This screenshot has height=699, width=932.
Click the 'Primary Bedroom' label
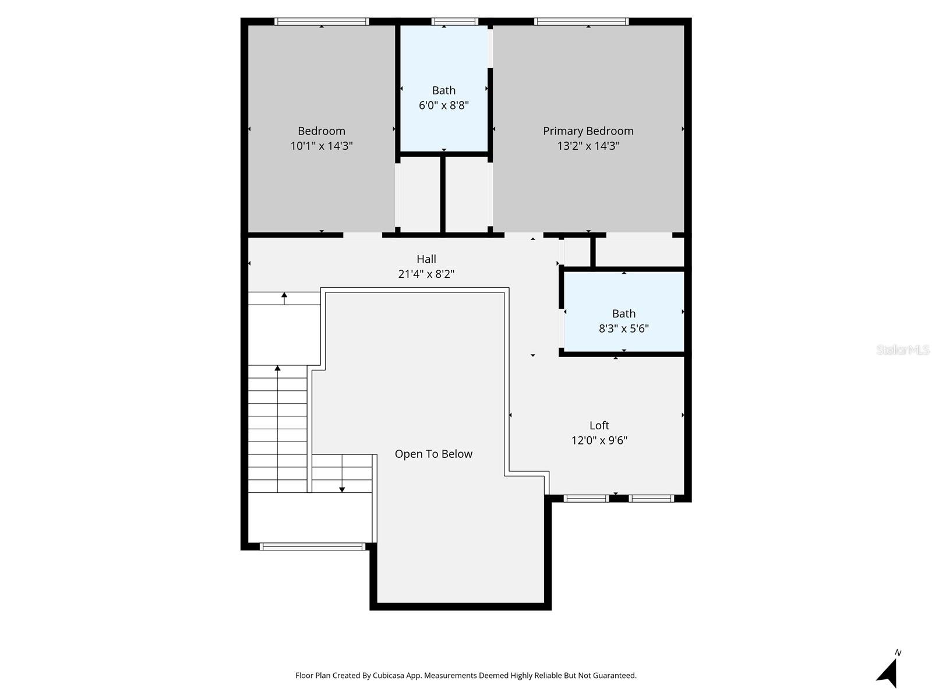(588, 131)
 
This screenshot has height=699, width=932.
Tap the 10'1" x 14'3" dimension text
(322, 146)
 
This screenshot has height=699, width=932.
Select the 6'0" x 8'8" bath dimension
(443, 105)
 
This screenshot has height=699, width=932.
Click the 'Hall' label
(426, 259)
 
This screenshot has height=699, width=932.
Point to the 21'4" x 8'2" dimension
(426, 274)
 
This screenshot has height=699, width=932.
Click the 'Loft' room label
(599, 426)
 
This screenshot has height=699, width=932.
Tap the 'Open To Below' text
(433, 454)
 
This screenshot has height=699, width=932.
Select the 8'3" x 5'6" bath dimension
(623, 329)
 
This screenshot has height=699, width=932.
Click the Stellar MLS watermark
(902, 350)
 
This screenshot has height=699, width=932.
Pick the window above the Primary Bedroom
(581, 22)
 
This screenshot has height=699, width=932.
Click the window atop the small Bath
(454, 22)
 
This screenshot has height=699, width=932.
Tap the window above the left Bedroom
(322, 22)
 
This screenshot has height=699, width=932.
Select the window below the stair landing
(312, 546)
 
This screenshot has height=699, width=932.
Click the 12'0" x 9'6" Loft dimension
(599, 441)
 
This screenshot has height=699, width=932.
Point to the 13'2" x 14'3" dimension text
(588, 146)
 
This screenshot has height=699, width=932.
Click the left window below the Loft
(586, 498)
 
